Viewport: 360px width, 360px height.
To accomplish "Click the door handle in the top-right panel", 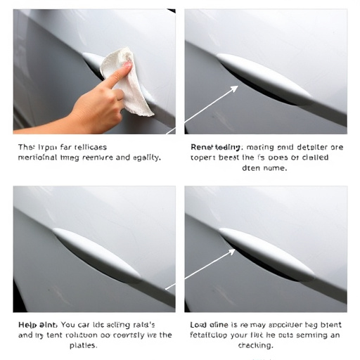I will (x=264, y=77).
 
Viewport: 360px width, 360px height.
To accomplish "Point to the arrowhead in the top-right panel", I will (x=235, y=89).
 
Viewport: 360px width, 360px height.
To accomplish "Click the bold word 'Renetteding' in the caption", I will (x=217, y=148).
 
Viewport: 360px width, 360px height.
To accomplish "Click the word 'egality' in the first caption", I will (x=144, y=158).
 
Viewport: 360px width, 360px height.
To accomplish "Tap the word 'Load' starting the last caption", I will (x=201, y=325).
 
